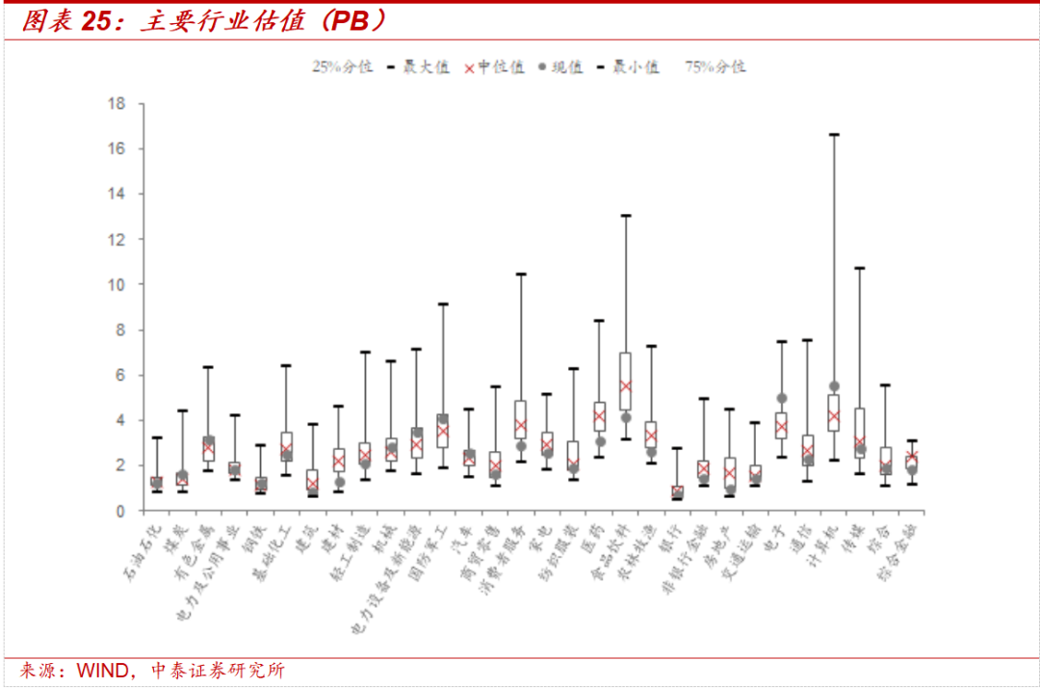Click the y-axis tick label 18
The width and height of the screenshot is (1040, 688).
tap(118, 103)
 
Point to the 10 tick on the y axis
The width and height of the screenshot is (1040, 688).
tap(118, 284)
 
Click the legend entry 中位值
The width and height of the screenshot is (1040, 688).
tap(495, 66)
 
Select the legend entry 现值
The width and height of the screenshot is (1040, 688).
tap(561, 66)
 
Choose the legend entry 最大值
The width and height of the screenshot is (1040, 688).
tap(420, 66)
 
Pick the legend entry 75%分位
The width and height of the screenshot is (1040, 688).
tap(715, 66)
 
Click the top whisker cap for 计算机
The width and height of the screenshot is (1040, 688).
tap(834, 134)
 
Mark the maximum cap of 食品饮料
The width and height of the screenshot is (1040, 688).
tap(625, 215)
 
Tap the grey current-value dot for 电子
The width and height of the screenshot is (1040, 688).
tap(782, 398)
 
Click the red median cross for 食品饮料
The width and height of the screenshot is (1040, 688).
tap(625, 385)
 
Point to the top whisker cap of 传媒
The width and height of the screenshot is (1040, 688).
tap(860, 268)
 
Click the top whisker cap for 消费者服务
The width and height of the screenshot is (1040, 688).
tap(521, 274)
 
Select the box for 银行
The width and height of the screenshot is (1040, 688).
tap(677, 492)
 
